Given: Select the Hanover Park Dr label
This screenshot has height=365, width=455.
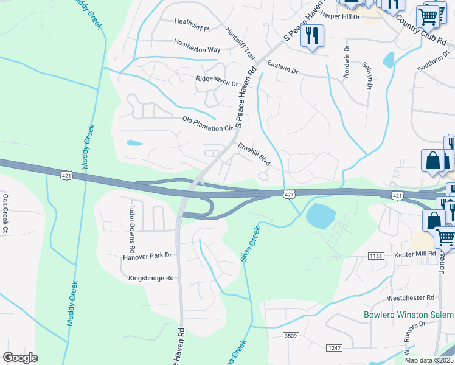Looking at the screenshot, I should [x=148, y=256].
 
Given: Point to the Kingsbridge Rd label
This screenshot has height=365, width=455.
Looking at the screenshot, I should [x=151, y=278].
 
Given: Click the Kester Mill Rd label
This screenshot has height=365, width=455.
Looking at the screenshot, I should [x=415, y=253].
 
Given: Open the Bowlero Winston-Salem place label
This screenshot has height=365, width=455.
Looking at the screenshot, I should [x=408, y=315].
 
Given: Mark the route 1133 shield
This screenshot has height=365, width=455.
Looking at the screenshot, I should [x=376, y=256].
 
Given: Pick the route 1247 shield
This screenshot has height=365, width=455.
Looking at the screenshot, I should [x=335, y=347].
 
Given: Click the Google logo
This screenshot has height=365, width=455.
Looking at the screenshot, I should [x=20, y=358].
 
